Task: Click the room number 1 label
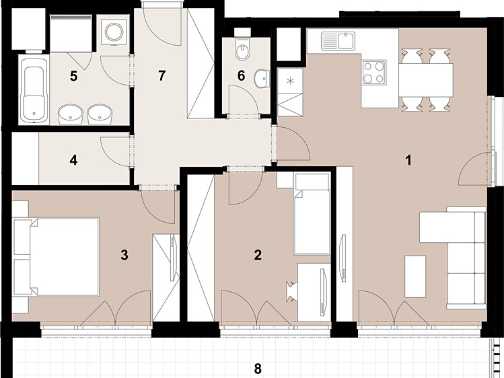coord(408,160)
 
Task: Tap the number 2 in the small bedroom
coord(258,256)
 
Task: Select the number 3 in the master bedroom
coord(124,256)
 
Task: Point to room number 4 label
coord(73,160)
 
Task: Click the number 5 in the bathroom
coord(73,77)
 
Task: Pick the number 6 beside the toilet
coord(241,76)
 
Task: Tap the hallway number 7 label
coord(161,76)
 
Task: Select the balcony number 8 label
coord(258,369)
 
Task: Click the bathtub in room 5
coord(34,90)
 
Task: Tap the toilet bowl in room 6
coord(242,49)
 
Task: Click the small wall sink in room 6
coord(262,79)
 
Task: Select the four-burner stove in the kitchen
coord(374,73)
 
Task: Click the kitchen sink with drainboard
coord(338,41)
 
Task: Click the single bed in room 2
coord(312,214)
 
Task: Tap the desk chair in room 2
coord(292,291)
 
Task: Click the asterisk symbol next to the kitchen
coord(290,81)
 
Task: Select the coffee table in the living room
coord(415,276)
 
